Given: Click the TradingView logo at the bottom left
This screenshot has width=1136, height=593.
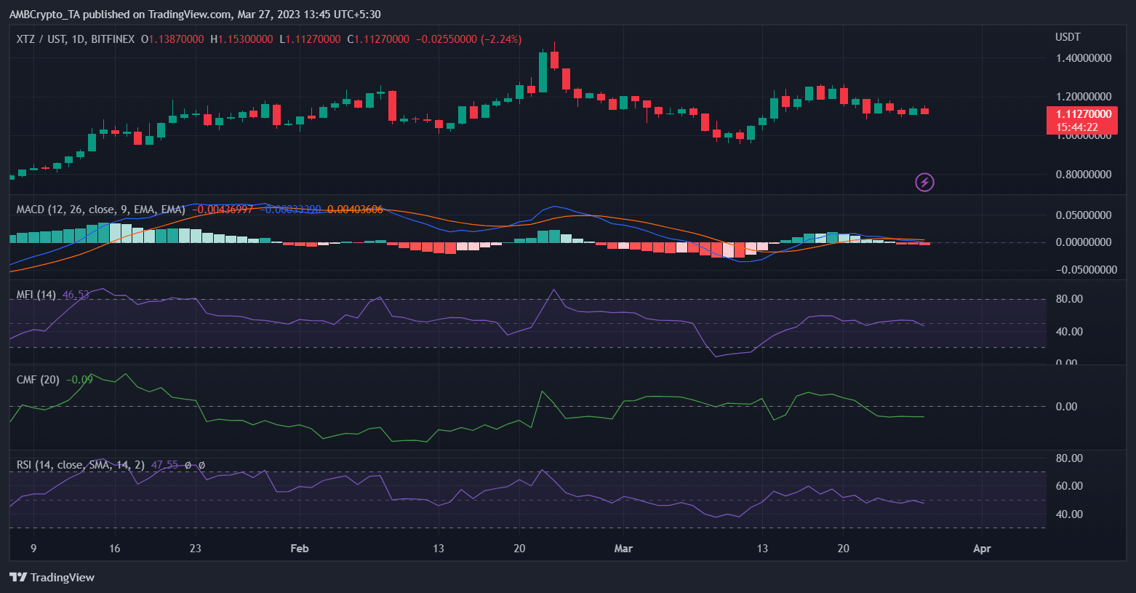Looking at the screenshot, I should tap(52, 577).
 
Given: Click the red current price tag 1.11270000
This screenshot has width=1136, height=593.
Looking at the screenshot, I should tap(1081, 114).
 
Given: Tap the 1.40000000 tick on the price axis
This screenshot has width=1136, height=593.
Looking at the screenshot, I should tap(1083, 58).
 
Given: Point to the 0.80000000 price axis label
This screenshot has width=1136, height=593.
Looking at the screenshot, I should tap(1083, 175).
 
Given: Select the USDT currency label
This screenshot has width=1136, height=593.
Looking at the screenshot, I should tap(1068, 37).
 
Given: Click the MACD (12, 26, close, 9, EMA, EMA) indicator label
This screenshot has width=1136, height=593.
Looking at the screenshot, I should tap(100, 210).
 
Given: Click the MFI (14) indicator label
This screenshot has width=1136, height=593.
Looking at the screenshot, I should tap(36, 295).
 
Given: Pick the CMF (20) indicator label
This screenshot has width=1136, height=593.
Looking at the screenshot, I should tap(38, 380).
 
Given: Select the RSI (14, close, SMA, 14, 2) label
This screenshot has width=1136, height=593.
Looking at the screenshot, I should tap(80, 465).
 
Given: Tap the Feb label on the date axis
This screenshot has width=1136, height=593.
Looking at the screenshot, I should tap(299, 549).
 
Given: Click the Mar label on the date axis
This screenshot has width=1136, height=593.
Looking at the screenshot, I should tap(623, 549).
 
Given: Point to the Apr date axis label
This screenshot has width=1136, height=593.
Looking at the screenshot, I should tap(982, 549).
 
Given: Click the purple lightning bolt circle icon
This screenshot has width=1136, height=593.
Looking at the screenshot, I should tap(924, 182).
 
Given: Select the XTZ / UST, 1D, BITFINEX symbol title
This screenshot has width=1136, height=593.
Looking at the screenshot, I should tap(76, 39).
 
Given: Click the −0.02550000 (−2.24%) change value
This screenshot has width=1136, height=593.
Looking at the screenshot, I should tap(468, 39).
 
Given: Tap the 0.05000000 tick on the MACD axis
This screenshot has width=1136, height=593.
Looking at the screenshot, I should tap(1083, 215).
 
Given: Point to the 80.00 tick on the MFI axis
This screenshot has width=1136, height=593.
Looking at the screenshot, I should tap(1069, 299).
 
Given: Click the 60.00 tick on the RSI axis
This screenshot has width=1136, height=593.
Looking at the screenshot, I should tap(1069, 486).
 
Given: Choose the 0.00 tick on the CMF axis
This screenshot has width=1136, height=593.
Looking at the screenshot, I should tap(1066, 407).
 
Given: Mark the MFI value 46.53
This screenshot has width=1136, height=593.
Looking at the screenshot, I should tap(76, 295).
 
